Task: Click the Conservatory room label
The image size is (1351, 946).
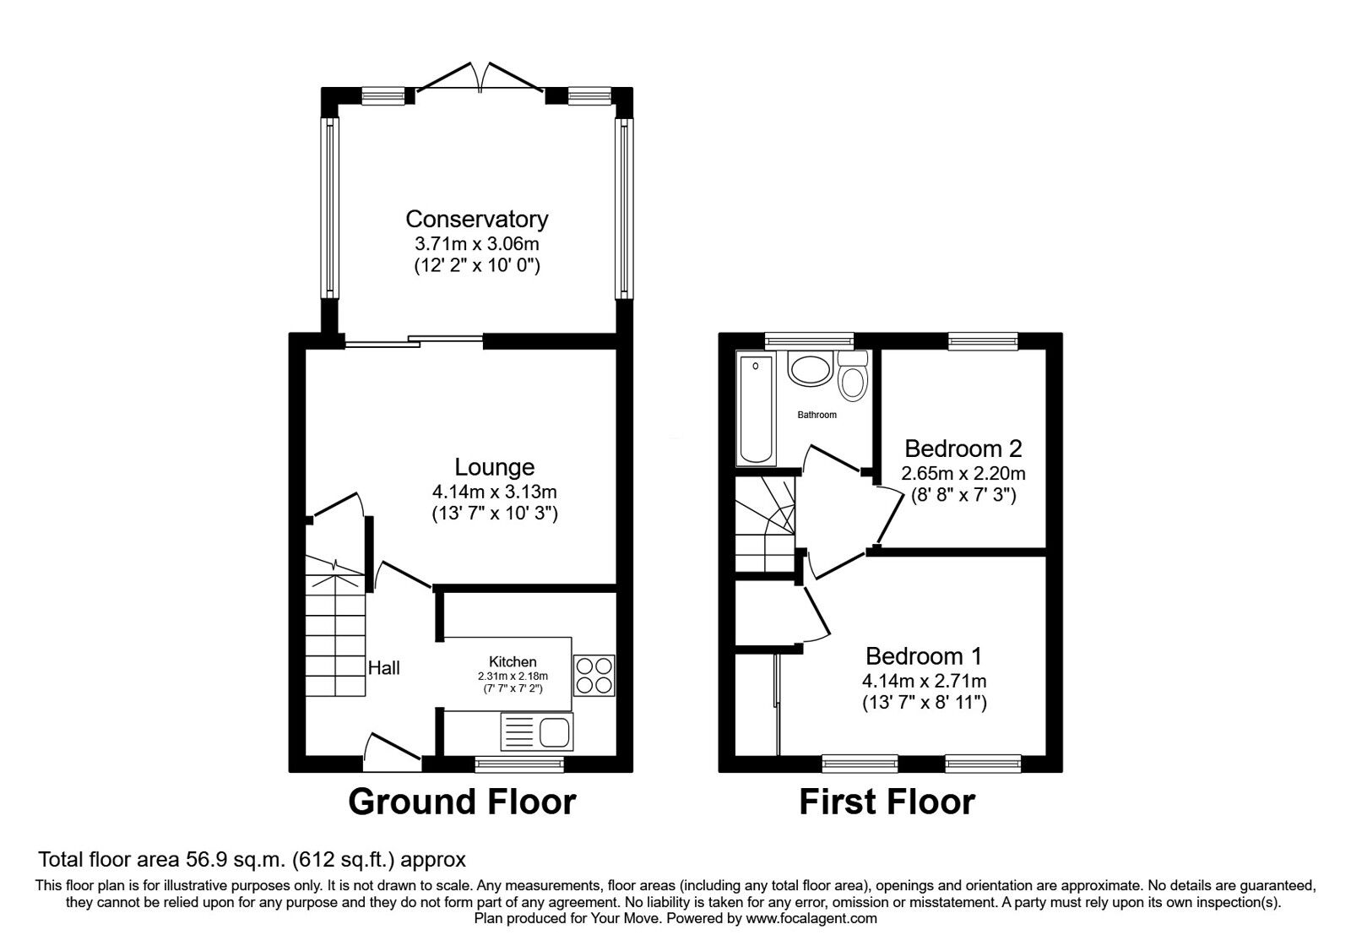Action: (x=476, y=219)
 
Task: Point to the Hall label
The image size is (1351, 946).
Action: (x=384, y=668)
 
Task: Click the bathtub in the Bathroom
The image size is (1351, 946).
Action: (x=756, y=410)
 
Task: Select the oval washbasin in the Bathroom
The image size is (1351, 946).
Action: (x=810, y=369)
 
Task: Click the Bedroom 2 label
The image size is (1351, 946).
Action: (x=963, y=448)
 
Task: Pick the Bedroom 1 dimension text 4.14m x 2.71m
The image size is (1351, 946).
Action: (x=924, y=681)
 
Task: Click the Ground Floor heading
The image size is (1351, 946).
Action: (x=462, y=802)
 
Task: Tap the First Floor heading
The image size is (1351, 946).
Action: (x=887, y=802)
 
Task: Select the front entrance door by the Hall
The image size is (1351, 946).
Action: (x=392, y=748)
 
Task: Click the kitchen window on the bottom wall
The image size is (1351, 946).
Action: (x=518, y=764)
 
